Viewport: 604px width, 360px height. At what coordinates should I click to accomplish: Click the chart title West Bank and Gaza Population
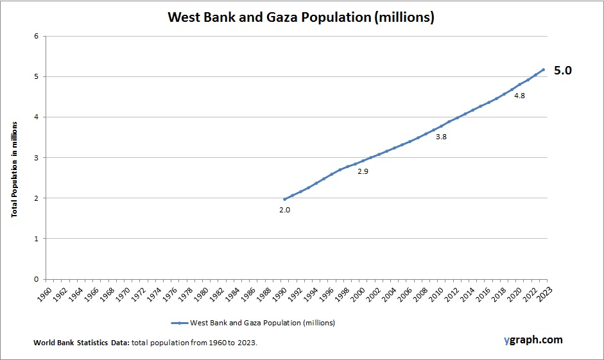point(301,17)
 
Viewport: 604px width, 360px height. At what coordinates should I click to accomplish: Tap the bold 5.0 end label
point(563,71)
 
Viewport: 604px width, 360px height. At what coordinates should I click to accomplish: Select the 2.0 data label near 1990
point(285,210)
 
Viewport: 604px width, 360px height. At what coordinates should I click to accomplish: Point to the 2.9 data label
point(363,171)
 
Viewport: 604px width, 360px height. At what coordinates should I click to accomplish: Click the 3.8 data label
point(441,137)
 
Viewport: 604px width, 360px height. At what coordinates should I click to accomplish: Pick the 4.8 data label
point(520,96)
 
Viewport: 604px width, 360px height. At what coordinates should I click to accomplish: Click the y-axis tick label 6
point(36,37)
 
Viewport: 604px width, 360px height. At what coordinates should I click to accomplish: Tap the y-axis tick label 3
point(36,158)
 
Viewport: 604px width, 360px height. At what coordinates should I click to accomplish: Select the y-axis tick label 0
point(36,279)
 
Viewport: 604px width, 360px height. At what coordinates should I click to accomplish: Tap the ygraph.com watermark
point(533,339)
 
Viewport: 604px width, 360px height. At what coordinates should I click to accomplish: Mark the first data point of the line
point(285,199)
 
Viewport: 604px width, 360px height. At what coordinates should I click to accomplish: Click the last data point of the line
point(543,69)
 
